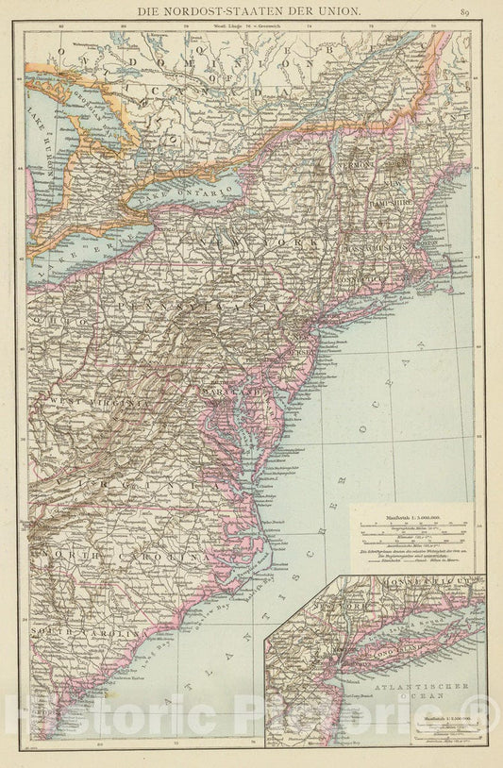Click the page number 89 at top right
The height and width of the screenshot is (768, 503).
click(465, 11)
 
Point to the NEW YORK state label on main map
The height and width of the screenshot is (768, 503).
click(255, 242)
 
